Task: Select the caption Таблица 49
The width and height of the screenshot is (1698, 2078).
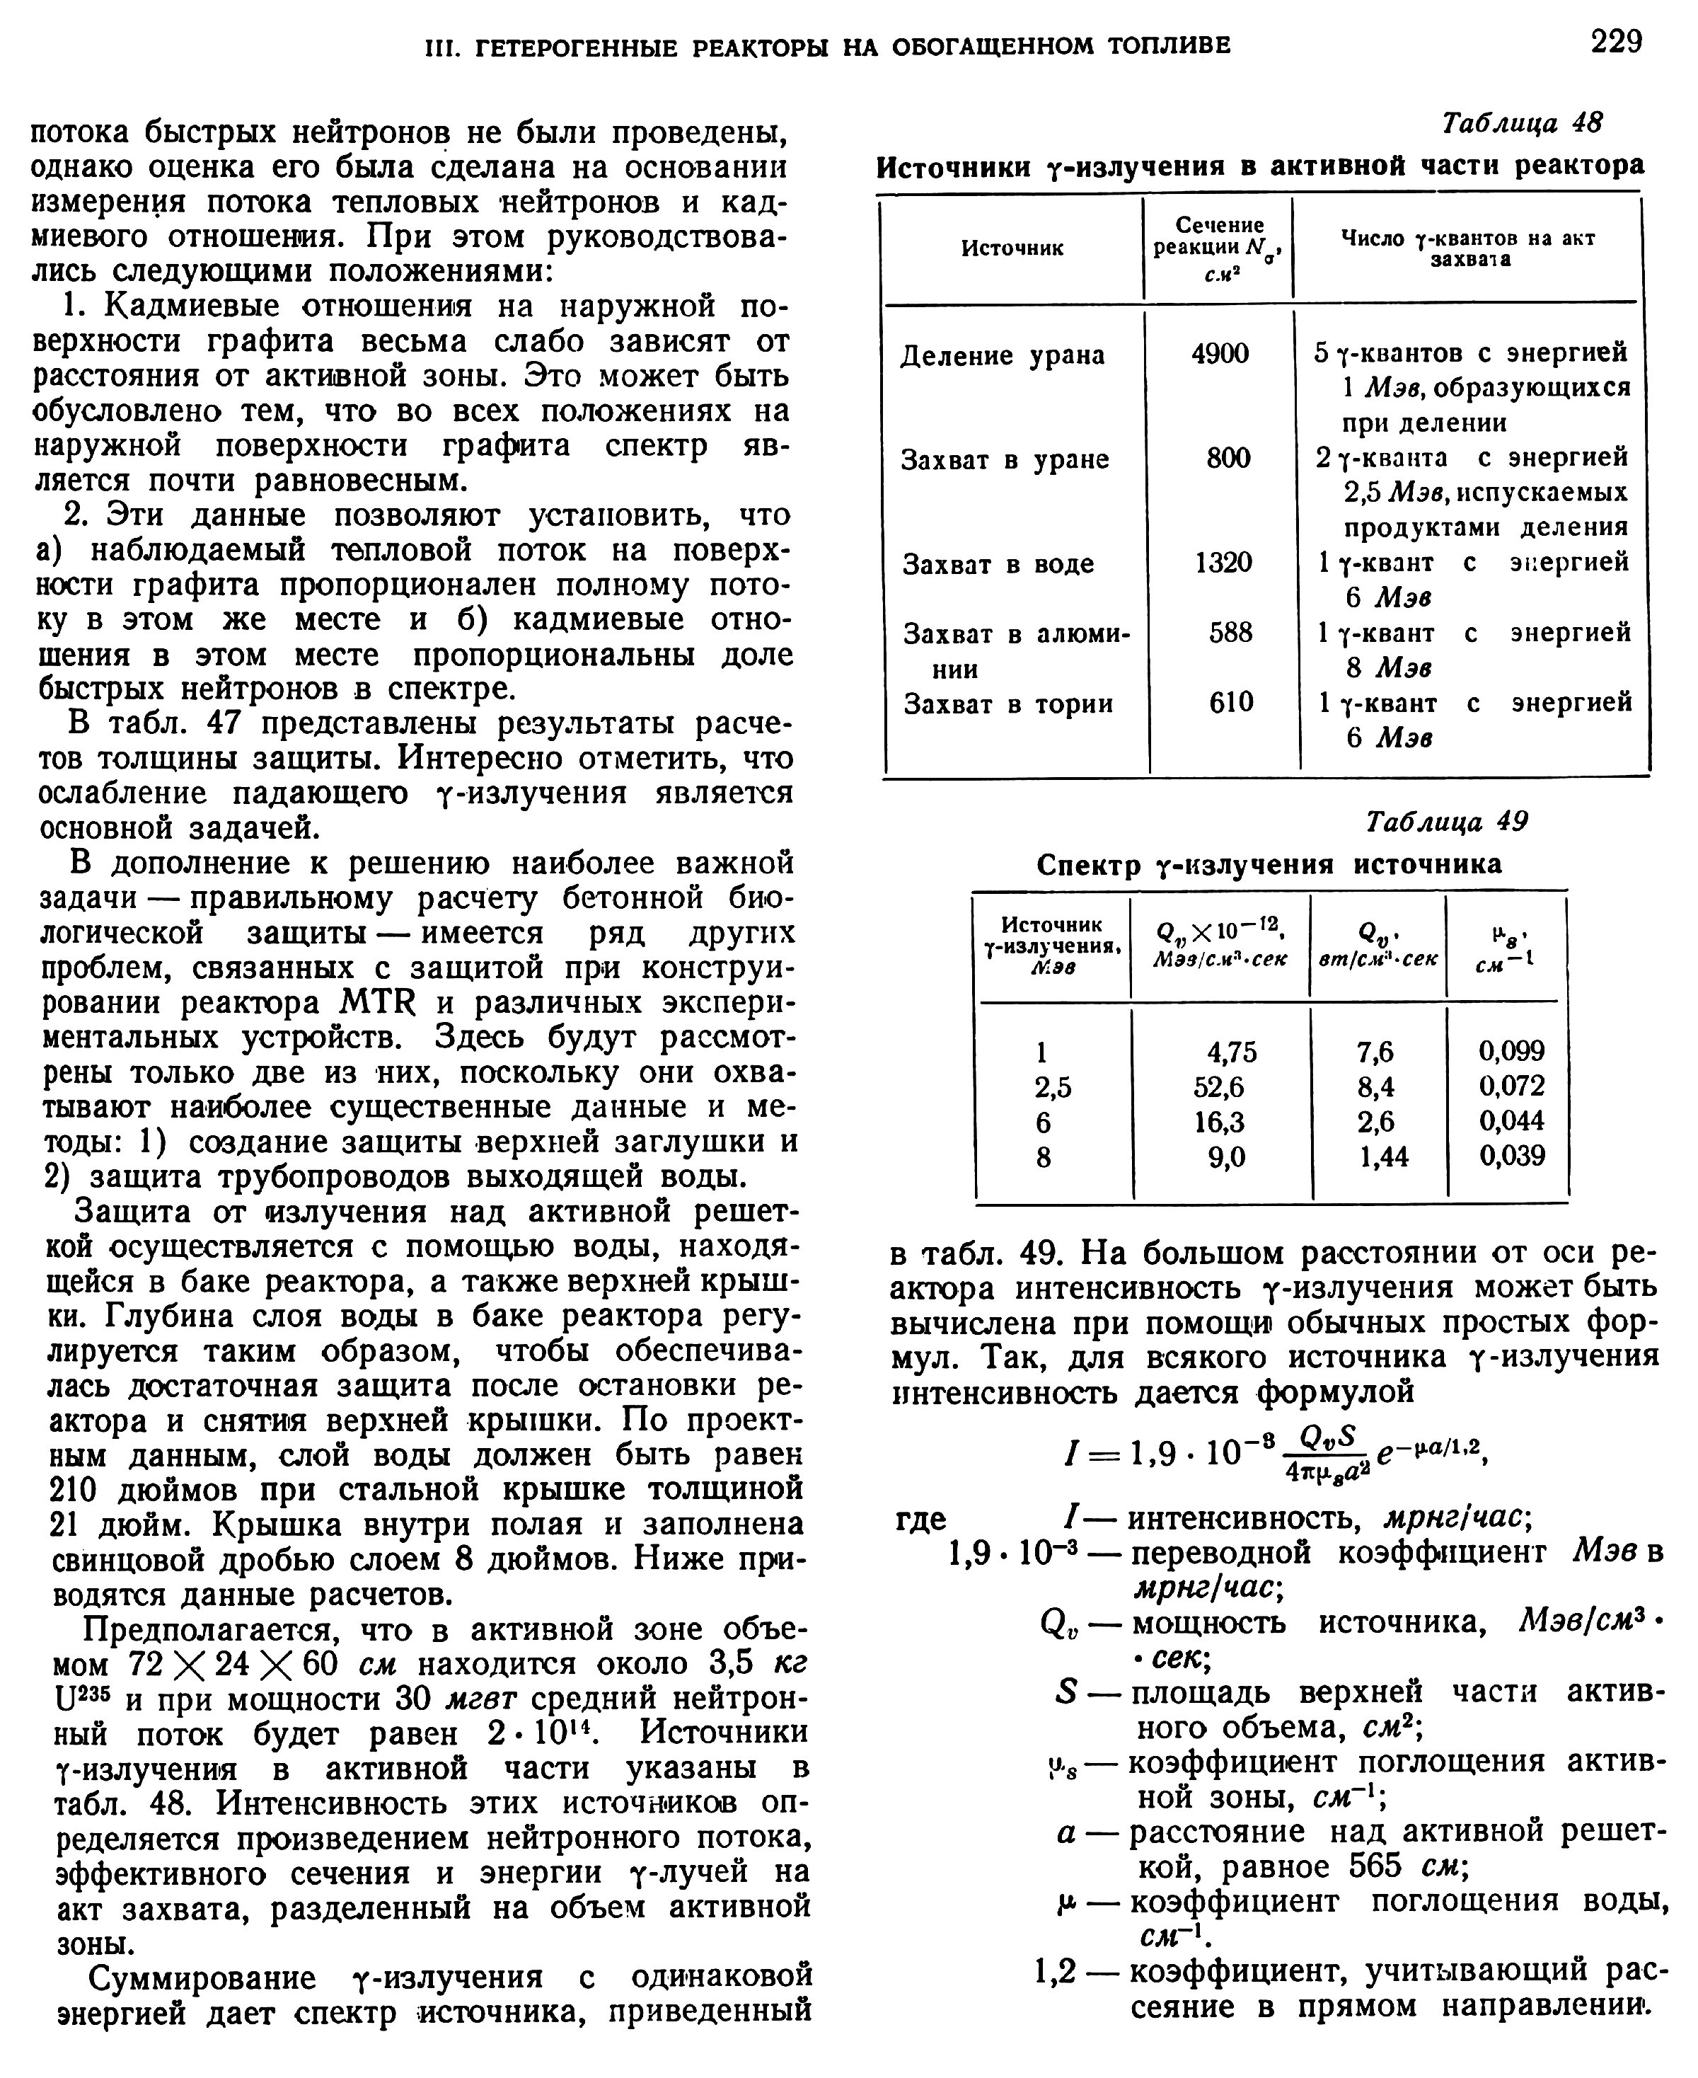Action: [1445, 821]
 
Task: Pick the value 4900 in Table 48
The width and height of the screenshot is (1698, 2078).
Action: [1220, 353]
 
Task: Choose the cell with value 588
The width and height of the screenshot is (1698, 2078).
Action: [1230, 632]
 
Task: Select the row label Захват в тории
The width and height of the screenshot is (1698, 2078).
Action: [1007, 704]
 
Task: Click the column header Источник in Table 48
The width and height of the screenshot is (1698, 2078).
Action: [1012, 248]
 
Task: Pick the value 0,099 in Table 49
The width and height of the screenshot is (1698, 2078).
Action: [1511, 1051]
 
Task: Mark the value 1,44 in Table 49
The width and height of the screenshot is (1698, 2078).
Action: [1384, 1157]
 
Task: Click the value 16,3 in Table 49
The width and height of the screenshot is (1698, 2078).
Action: [1219, 1121]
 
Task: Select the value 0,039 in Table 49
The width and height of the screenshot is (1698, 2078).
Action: [1511, 1156]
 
